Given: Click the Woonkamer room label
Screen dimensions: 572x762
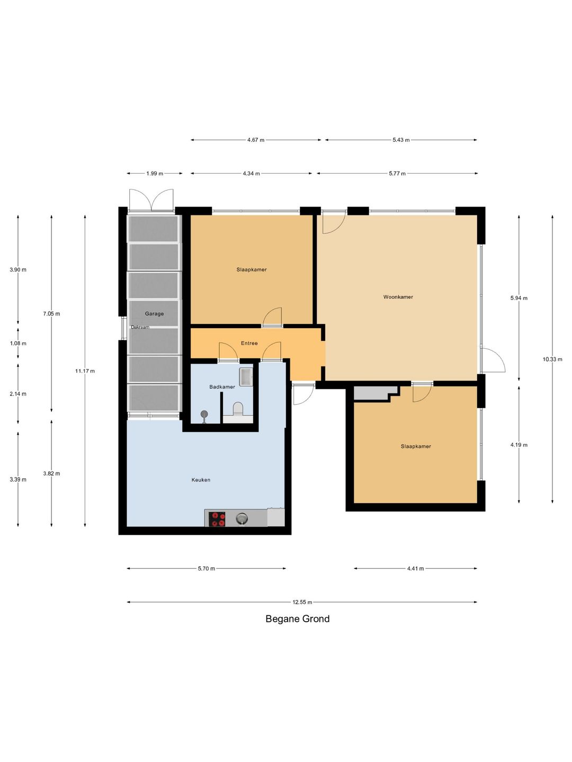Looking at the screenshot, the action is coord(398,297).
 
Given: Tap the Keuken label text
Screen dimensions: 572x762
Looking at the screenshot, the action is coord(201,480).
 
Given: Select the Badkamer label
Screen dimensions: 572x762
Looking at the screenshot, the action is coord(222,387).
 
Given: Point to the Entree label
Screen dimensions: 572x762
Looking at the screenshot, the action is coord(249,343).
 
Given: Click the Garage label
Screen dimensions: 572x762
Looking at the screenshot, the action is coord(154,313).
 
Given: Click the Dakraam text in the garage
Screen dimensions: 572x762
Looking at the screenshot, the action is coord(140,327).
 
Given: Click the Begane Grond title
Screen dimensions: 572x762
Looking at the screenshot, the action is coord(297,619).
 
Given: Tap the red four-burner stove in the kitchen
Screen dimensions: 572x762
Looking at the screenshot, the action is coord(217,519).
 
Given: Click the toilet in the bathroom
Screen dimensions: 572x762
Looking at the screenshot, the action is coord(238,409).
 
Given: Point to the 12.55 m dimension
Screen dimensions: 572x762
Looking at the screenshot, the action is coord(302,602).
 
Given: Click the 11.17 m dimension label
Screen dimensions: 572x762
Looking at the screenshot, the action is coord(85,371).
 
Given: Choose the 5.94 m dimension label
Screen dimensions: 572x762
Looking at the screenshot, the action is coord(519,298).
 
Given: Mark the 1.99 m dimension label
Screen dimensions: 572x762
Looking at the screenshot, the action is coord(155,174).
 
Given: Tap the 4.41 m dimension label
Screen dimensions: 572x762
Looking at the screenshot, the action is coord(415,569).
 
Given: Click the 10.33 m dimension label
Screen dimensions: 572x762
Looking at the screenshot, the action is coord(552,359).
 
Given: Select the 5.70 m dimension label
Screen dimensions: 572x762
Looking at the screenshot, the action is coord(207,569).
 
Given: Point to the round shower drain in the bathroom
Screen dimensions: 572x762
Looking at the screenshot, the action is coord(204,414).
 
